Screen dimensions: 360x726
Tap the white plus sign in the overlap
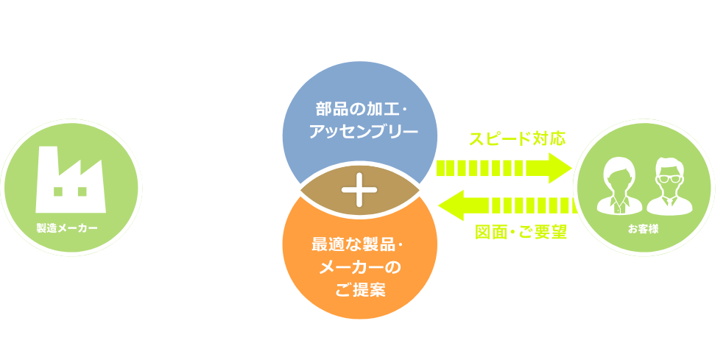359,190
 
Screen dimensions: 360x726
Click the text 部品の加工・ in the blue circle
359,109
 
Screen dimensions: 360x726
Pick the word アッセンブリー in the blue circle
359,133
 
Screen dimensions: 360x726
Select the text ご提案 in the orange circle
359,289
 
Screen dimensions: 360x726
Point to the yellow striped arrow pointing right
504,168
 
